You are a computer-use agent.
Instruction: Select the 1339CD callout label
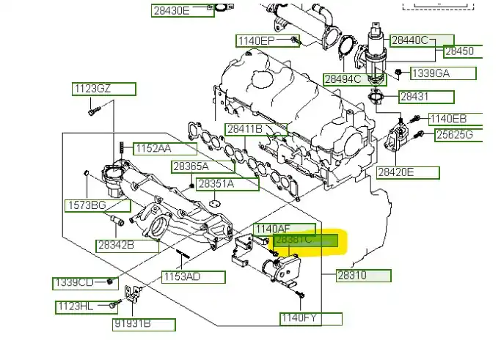tap(73, 283)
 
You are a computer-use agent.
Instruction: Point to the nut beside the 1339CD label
tap(109, 281)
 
